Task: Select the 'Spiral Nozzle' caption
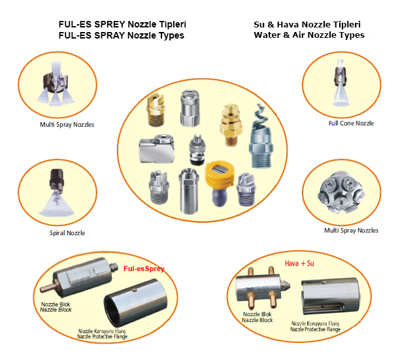click(67, 233)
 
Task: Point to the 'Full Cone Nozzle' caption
click(351, 123)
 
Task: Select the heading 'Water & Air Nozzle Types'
click(309, 35)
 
